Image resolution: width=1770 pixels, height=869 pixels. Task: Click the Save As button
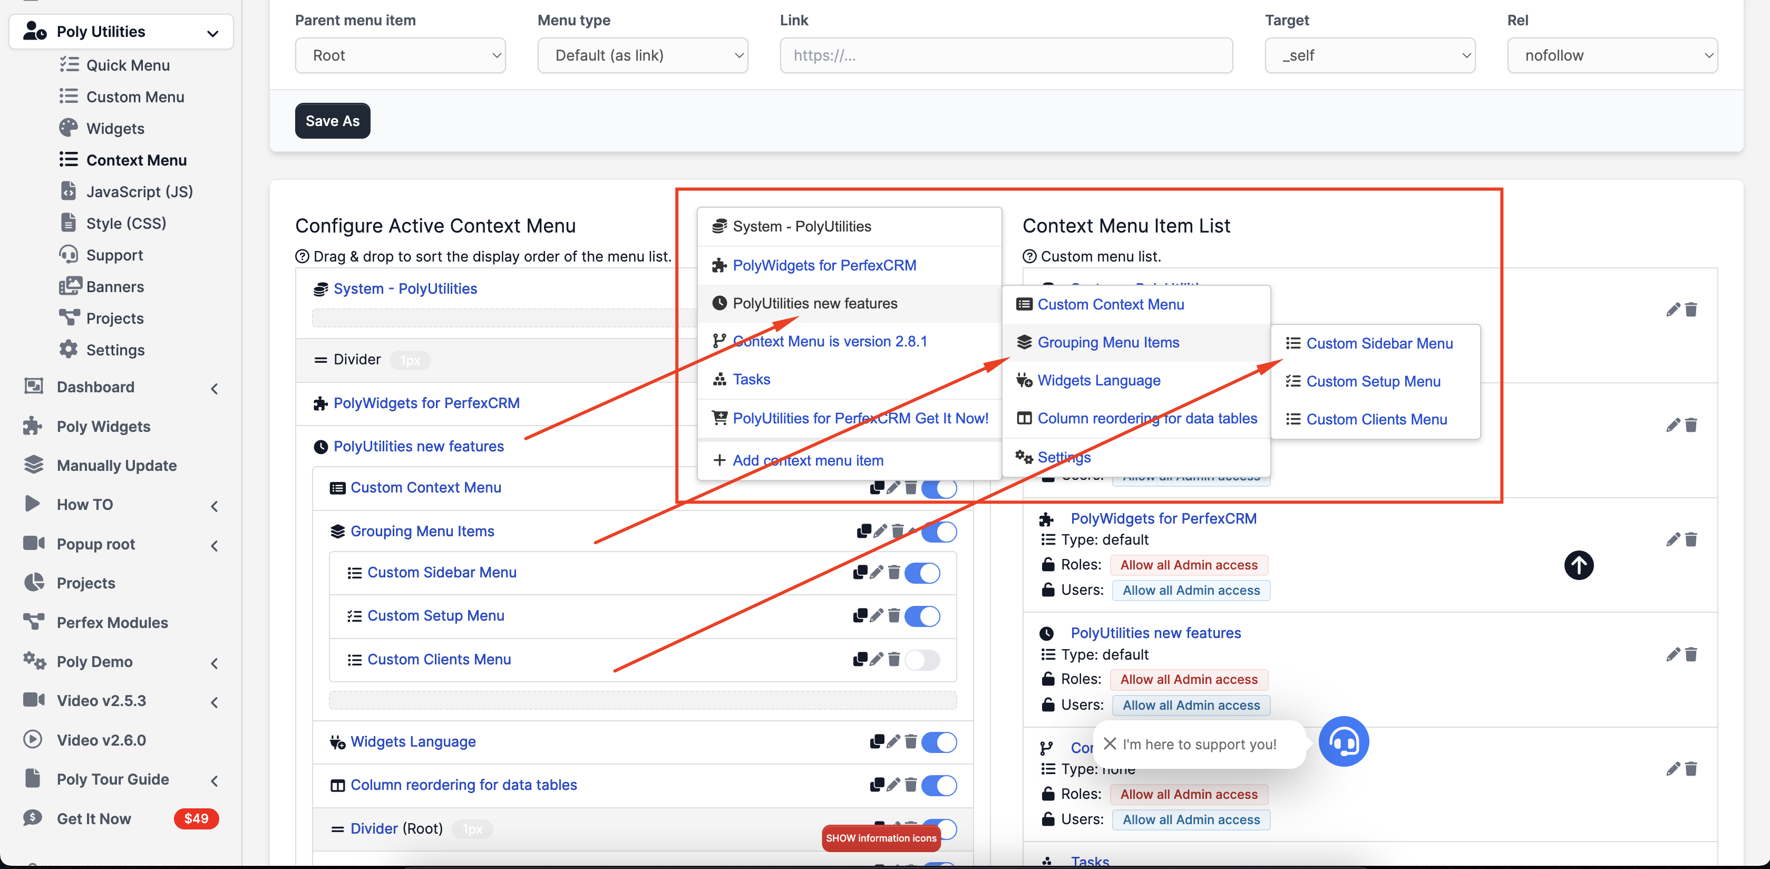333,121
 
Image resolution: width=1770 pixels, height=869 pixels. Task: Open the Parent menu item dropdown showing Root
400,56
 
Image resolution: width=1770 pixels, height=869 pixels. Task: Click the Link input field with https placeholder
1006,56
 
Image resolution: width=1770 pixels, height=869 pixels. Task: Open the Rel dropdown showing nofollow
1612,56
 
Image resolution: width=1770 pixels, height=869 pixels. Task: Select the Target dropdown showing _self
1369,56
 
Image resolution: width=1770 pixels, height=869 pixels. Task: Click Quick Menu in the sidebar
128,65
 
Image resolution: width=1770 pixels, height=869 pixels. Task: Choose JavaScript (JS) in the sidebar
139,192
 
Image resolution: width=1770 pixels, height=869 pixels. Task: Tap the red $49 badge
196,819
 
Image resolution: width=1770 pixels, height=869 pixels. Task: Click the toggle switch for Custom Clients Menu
922,660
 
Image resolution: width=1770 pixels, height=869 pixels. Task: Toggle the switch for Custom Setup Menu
922,616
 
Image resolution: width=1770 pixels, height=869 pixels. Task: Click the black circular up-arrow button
1578,566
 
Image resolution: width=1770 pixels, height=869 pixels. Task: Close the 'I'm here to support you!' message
1110,744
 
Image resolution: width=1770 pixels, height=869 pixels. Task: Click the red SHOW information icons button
881,838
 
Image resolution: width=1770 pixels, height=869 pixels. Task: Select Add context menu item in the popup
808,461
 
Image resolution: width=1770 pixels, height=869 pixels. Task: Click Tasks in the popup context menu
751,380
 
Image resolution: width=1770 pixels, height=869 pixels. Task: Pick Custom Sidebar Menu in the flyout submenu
1379,344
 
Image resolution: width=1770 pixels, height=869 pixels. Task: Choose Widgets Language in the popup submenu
1098,380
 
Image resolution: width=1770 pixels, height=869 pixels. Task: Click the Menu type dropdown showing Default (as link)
643,56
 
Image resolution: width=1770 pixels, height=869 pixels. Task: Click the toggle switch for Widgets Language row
939,742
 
